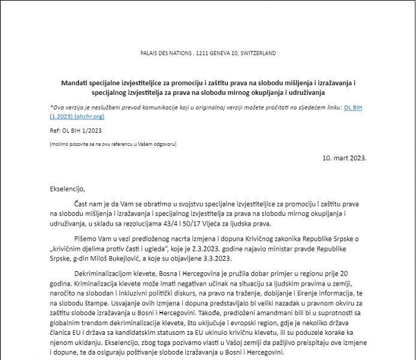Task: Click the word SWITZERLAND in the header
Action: pyautogui.click(x=257, y=53)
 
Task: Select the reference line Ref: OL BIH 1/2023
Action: pyautogui.click(x=75, y=130)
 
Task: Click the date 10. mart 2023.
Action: pyautogui.click(x=344, y=158)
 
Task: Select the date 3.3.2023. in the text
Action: pyautogui.click(x=213, y=258)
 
